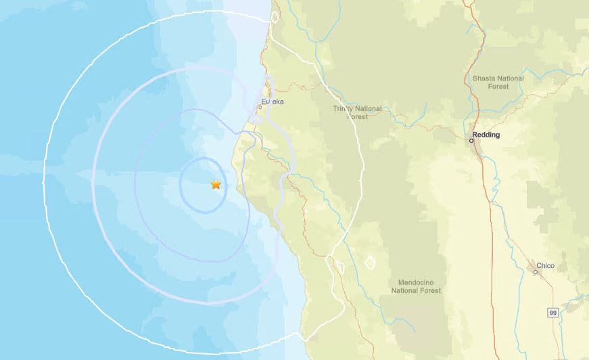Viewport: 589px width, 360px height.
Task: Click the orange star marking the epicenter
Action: pyautogui.click(x=216, y=184)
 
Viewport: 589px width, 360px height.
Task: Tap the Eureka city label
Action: pyautogui.click(x=273, y=102)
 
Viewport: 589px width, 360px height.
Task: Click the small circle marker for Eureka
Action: pyautogui.click(x=260, y=106)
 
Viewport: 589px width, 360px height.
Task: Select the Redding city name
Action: pyautogui.click(x=487, y=135)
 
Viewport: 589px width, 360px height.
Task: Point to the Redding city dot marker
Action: pyautogui.click(x=472, y=141)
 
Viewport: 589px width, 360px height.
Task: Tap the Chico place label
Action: pyautogui.click(x=545, y=266)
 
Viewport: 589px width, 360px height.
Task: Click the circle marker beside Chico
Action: pyautogui.click(x=535, y=272)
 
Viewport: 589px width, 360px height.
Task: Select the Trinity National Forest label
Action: pyautogui.click(x=357, y=112)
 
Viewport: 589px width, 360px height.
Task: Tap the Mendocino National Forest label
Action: pyautogui.click(x=416, y=286)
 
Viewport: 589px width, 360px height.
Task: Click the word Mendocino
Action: pyautogui.click(x=416, y=281)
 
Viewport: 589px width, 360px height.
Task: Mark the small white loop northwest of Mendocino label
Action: pyautogui.click(x=370, y=262)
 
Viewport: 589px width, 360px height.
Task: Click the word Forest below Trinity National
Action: pyautogui.click(x=357, y=117)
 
